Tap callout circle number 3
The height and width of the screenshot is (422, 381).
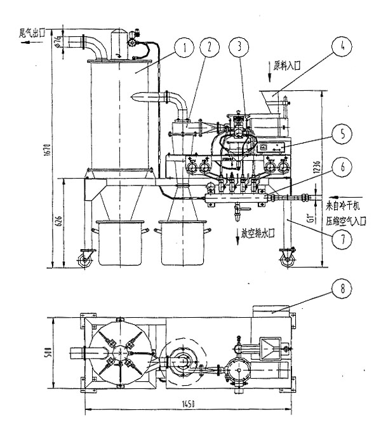(x=237, y=46)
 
